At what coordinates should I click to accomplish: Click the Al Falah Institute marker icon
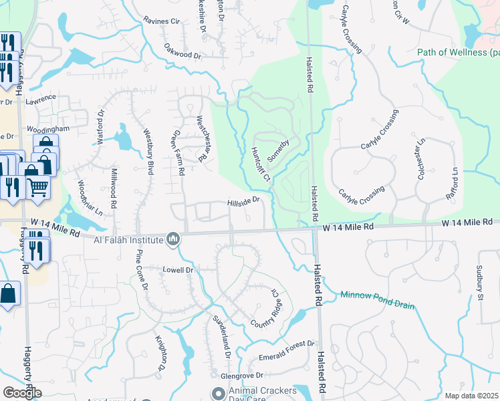click(173, 239)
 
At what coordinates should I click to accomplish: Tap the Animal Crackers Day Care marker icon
click(217, 392)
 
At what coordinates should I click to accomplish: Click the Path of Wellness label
click(457, 52)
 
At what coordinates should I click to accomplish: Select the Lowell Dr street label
click(178, 270)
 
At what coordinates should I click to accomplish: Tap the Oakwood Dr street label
click(182, 51)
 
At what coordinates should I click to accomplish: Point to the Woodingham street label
click(48, 128)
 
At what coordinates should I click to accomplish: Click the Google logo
click(22, 392)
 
